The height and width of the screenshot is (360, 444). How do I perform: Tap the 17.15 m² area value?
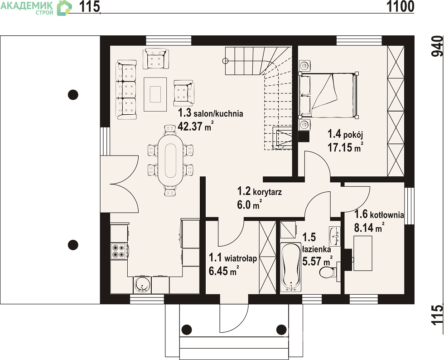pos(345,147)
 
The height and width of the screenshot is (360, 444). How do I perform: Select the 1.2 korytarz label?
pos(259,192)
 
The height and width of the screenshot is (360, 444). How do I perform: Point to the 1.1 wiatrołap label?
pos(233,258)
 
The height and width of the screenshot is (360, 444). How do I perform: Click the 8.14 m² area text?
pos(369,227)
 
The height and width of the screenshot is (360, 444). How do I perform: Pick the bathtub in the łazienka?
pos(290,267)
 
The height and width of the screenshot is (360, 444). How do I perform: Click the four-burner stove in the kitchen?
pos(119,251)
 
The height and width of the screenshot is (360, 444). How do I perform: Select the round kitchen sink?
pos(141,284)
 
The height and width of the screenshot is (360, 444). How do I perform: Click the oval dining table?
pos(170,160)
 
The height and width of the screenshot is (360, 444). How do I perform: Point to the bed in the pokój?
pos(328,95)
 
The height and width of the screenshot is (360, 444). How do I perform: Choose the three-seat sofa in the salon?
pos(126,90)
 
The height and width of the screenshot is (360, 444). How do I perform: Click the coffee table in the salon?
pos(155,94)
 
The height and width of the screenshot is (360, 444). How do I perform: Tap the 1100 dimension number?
pos(401,7)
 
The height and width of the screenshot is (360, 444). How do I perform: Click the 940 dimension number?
pos(437,46)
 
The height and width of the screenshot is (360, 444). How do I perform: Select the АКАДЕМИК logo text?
pos(26,5)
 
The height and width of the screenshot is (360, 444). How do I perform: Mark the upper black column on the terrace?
pos(73,94)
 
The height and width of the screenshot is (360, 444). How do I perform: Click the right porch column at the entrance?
pos(281,329)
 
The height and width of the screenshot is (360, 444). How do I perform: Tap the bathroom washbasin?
pos(335,236)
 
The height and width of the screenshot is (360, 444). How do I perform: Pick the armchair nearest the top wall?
pos(155,58)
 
